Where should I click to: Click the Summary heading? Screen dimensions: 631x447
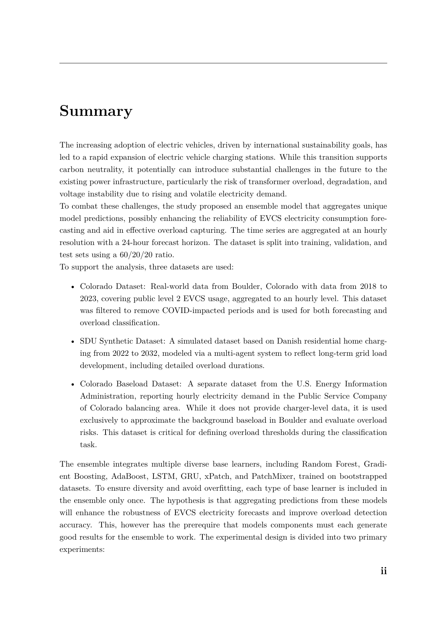96,111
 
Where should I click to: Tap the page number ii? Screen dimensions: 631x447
384,571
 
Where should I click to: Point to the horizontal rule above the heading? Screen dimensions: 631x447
223,63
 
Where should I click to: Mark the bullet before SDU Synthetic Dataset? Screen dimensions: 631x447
73,342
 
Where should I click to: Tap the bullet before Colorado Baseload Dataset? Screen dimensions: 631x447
73,385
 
